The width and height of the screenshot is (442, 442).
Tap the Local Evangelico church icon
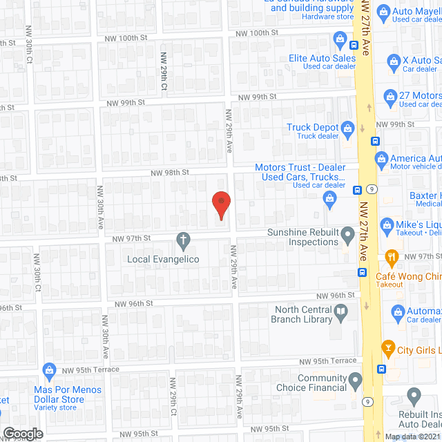184,241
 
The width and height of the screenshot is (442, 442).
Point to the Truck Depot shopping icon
347,128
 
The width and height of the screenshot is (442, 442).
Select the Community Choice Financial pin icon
355,380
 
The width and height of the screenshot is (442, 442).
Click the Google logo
23,433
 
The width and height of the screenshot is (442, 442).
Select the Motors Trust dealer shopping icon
330,200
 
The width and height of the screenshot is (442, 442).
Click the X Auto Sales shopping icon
394,61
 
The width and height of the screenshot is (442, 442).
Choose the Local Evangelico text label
163,259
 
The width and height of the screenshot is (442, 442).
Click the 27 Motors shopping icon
390,95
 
